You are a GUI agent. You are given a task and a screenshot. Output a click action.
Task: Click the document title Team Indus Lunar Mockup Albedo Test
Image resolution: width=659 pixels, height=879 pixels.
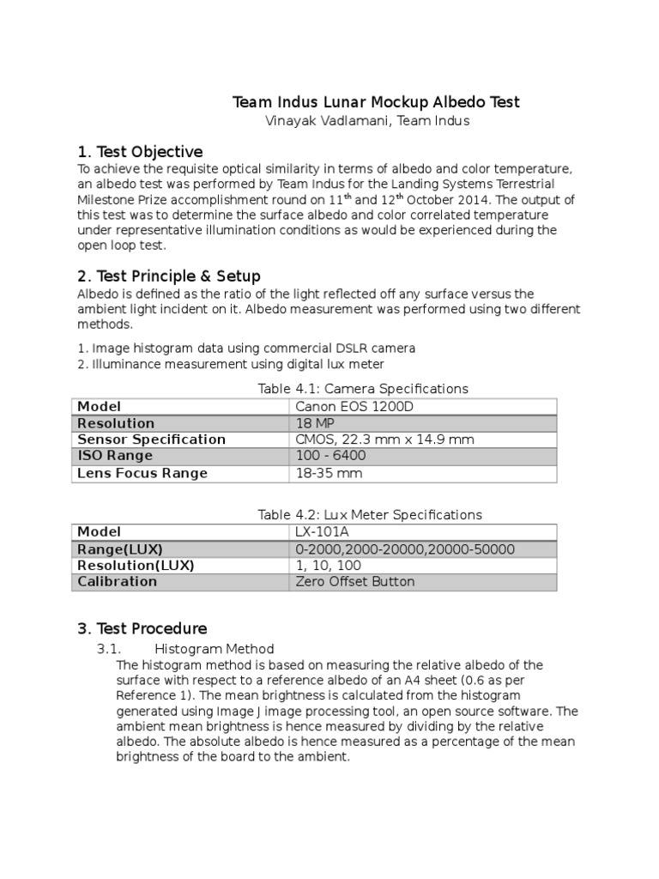(x=377, y=102)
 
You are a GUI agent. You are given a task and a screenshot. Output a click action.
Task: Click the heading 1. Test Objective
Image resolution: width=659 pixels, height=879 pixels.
(x=140, y=152)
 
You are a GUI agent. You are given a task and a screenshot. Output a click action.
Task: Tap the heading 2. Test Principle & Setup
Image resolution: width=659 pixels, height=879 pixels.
(x=169, y=276)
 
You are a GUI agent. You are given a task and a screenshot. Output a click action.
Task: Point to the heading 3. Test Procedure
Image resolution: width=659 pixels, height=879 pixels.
(x=142, y=628)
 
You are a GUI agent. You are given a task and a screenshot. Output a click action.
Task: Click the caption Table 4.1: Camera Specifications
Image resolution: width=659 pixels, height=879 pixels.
(x=363, y=389)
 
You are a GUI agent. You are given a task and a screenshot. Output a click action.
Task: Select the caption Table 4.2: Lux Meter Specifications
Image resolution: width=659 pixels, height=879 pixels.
(x=370, y=514)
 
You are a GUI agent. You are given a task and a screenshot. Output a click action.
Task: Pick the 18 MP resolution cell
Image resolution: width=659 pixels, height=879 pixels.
(x=315, y=423)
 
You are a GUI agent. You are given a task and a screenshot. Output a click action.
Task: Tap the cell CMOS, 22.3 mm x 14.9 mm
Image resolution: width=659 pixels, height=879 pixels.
(x=384, y=439)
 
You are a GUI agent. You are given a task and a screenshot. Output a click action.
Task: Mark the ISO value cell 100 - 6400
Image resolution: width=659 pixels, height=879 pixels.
(x=331, y=456)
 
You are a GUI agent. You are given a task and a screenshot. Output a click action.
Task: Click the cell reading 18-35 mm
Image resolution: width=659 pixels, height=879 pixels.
(x=329, y=473)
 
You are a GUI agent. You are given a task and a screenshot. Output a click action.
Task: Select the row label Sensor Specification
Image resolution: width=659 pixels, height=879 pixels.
(x=151, y=439)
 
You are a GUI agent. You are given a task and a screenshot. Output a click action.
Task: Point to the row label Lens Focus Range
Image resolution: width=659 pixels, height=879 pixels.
(x=142, y=473)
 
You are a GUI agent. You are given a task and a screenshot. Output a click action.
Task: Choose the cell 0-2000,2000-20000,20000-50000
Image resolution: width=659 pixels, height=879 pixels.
(x=404, y=549)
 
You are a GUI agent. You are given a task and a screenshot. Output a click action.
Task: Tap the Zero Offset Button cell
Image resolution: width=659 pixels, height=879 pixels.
(x=354, y=582)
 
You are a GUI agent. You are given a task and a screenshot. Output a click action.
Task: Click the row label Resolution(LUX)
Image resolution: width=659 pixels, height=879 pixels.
(x=136, y=566)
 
